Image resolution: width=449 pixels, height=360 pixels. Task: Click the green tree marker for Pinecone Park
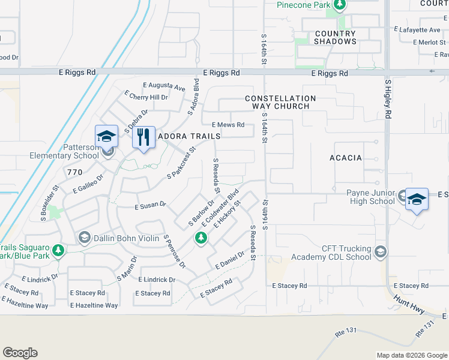coord(340,5)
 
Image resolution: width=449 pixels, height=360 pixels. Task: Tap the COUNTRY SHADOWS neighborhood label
coord(335,37)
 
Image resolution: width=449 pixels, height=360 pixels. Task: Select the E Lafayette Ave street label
coord(417,29)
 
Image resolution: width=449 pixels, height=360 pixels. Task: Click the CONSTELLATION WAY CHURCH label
coord(280,102)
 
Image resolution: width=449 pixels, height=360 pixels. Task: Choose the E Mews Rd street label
coord(228,125)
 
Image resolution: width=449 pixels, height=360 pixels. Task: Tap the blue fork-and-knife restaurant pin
coord(143,137)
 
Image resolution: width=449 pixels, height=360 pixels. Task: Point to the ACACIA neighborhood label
coord(346,158)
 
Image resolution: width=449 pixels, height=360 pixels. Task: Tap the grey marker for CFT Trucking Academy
coord(379,250)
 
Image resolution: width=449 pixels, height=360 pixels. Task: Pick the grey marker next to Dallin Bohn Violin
coord(84,238)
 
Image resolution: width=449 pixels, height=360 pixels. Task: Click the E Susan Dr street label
coord(150,205)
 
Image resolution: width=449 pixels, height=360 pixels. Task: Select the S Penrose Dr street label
coord(174,251)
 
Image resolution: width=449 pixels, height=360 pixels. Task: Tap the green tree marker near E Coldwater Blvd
coord(200,239)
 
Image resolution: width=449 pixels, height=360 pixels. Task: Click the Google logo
coord(20,353)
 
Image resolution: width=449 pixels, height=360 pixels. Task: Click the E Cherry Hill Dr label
coord(146,96)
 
